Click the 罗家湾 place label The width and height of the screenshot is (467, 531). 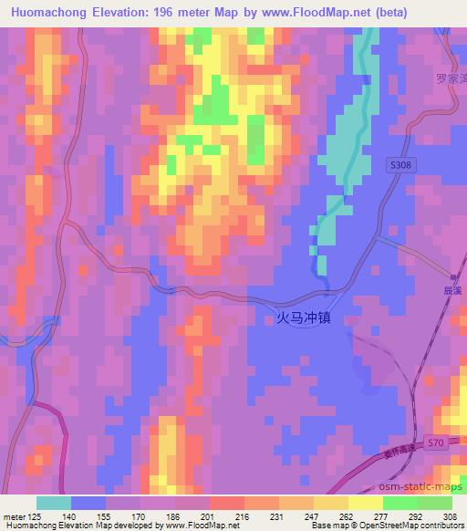[x=451, y=78]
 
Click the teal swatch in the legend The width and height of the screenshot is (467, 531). [x=54, y=502]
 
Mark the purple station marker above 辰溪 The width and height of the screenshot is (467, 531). [x=453, y=276]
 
